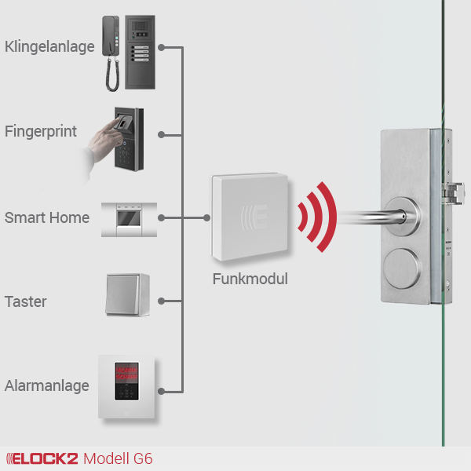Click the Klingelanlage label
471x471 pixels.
(49, 47)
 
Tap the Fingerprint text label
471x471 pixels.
(41, 131)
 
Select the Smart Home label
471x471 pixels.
(47, 217)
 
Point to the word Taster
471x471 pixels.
(26, 301)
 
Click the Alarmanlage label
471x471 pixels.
(47, 386)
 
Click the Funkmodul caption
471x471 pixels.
(250, 279)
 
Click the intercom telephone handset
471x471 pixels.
(111, 51)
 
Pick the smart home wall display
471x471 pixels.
(129, 217)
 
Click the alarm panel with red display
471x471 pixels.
(128, 386)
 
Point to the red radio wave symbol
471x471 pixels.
(318, 217)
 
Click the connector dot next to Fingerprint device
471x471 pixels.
(160, 134)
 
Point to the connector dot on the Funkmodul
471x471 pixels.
(207, 217)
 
